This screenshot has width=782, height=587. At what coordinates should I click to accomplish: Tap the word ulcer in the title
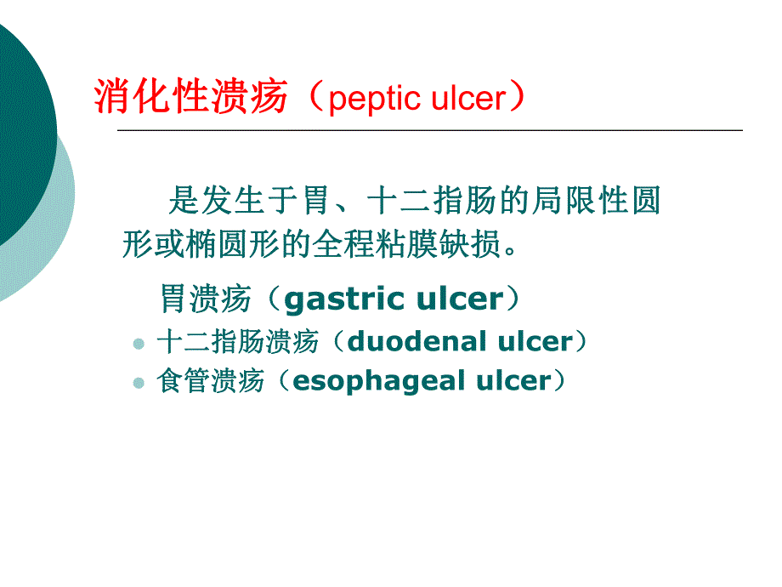tap(467, 100)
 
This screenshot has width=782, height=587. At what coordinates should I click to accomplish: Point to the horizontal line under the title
tap(429, 130)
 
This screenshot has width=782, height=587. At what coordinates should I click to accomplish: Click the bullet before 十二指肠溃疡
tap(139, 345)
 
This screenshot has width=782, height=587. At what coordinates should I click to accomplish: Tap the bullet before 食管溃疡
tap(139, 384)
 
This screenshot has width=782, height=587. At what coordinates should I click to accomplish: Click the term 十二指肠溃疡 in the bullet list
tap(237, 342)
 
